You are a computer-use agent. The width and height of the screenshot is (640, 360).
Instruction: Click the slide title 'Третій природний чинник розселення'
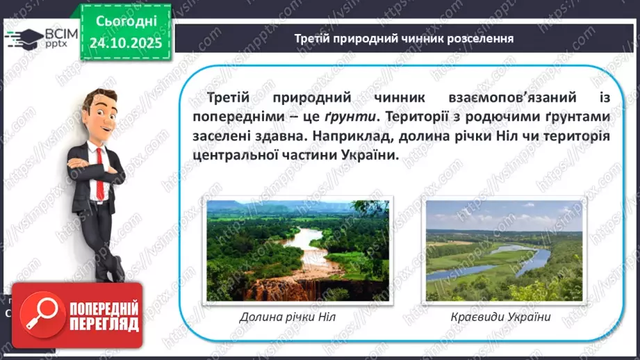point(404,38)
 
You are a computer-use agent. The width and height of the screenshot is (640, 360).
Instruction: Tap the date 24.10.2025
point(125,43)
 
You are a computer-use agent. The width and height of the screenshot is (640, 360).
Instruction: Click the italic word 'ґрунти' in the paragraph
point(345,115)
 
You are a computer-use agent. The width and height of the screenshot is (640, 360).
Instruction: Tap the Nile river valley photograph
point(297,249)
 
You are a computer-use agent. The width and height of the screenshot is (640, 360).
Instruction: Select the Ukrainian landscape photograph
point(504,249)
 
